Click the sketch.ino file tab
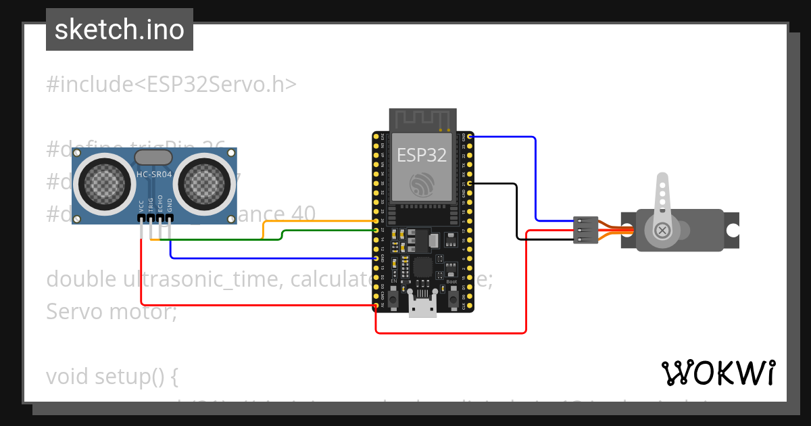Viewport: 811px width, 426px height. [x=120, y=30]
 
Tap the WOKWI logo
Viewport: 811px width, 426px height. [x=718, y=373]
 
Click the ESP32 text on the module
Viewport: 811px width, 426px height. [x=422, y=155]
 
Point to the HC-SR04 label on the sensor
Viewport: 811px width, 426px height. [x=154, y=174]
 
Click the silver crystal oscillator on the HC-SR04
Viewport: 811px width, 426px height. [x=154, y=158]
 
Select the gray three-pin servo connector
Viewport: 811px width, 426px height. [x=585, y=230]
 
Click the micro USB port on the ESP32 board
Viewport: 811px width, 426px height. [x=423, y=307]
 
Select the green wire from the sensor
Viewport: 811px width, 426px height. [x=324, y=231]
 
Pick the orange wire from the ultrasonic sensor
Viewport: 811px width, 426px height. [x=318, y=221]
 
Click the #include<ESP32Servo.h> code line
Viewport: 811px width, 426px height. [x=172, y=84]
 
